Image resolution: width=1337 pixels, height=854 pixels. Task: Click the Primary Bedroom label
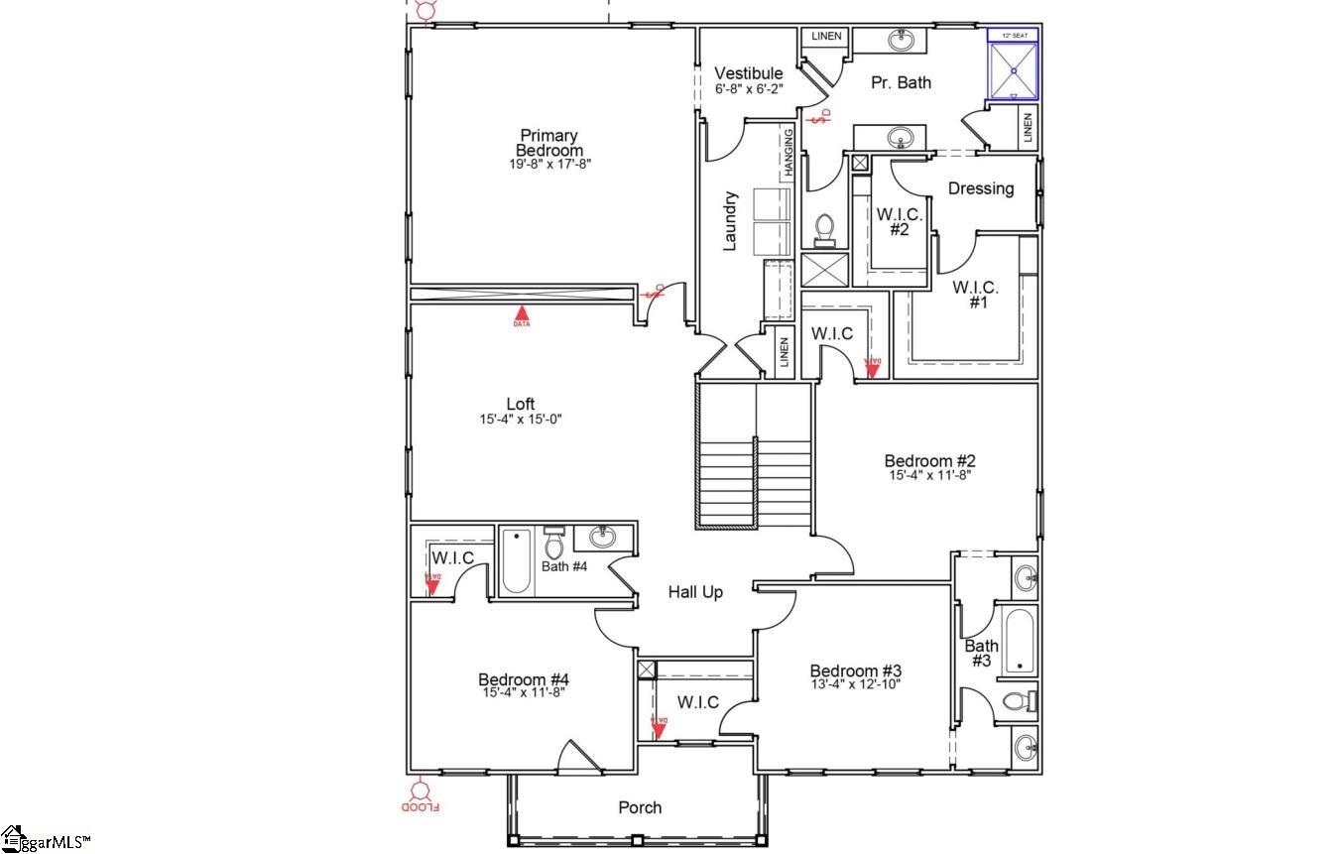548,143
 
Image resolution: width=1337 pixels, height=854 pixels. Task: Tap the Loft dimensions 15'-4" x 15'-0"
521,420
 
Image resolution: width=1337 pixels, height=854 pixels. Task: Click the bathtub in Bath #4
516,561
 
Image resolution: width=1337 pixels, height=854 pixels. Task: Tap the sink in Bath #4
602,538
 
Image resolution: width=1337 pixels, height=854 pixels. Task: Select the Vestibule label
749,73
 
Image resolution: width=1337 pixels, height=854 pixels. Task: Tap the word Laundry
730,220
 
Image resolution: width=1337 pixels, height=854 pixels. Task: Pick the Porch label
640,807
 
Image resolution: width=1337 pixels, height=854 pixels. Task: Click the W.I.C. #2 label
899,221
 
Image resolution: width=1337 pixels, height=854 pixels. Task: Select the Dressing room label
981,188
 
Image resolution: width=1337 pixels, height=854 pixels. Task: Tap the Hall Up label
694,592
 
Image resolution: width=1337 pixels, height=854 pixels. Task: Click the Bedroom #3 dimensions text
854,684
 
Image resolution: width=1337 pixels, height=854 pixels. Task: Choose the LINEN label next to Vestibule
825,37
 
